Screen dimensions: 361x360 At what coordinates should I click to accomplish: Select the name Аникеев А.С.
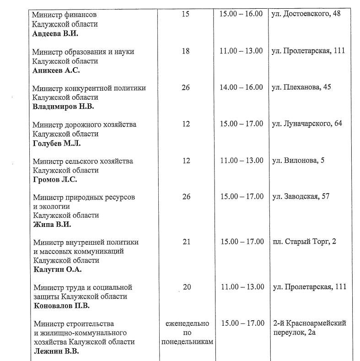(57, 70)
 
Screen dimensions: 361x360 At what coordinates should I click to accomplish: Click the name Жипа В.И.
(52, 225)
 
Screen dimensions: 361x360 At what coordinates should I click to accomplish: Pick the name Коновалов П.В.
(62, 306)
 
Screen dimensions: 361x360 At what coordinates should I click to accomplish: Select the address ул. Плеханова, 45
(301, 87)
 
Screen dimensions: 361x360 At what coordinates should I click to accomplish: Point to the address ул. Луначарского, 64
(307, 124)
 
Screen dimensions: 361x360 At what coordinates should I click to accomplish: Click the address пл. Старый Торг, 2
(304, 242)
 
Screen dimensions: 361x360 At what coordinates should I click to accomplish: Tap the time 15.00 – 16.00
(241, 14)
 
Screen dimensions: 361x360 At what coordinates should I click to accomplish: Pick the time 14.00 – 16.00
(241, 87)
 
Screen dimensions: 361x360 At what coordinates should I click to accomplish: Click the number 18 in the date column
(185, 51)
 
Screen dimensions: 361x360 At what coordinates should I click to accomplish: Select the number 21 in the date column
(186, 242)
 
